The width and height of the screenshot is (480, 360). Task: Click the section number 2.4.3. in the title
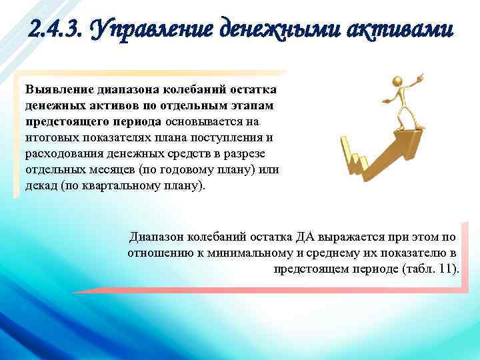56,29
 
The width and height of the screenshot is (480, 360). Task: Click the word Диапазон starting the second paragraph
155,236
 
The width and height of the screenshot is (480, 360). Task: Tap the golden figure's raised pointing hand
419,77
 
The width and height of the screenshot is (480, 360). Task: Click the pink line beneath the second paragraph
267,291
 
